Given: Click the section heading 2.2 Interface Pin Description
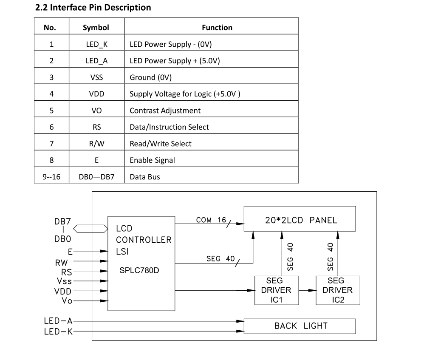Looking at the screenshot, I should pos(93,7).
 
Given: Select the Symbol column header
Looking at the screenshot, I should pos(96,28).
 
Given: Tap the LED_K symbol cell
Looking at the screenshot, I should pos(96,44).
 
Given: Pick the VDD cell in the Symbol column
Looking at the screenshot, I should pos(96,94).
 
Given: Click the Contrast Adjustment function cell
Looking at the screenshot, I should pos(165,111).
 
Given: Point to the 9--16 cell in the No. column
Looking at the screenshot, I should pos(51,177).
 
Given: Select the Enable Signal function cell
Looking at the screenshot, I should pos(152,160).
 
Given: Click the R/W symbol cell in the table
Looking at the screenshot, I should pos(96,144).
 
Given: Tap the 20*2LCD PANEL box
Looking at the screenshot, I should pos(300,220).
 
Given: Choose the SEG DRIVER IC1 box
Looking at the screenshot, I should pos(276,290).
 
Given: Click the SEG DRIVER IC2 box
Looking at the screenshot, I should pos(338,290).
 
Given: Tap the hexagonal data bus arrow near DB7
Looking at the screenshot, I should pos(90,229).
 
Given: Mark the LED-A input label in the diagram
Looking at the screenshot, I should pos(58,321).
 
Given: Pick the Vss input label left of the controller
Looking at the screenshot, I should pos(64,281).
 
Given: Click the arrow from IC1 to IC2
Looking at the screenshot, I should pos(307,290).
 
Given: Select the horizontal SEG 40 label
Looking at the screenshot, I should pos(220,258).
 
